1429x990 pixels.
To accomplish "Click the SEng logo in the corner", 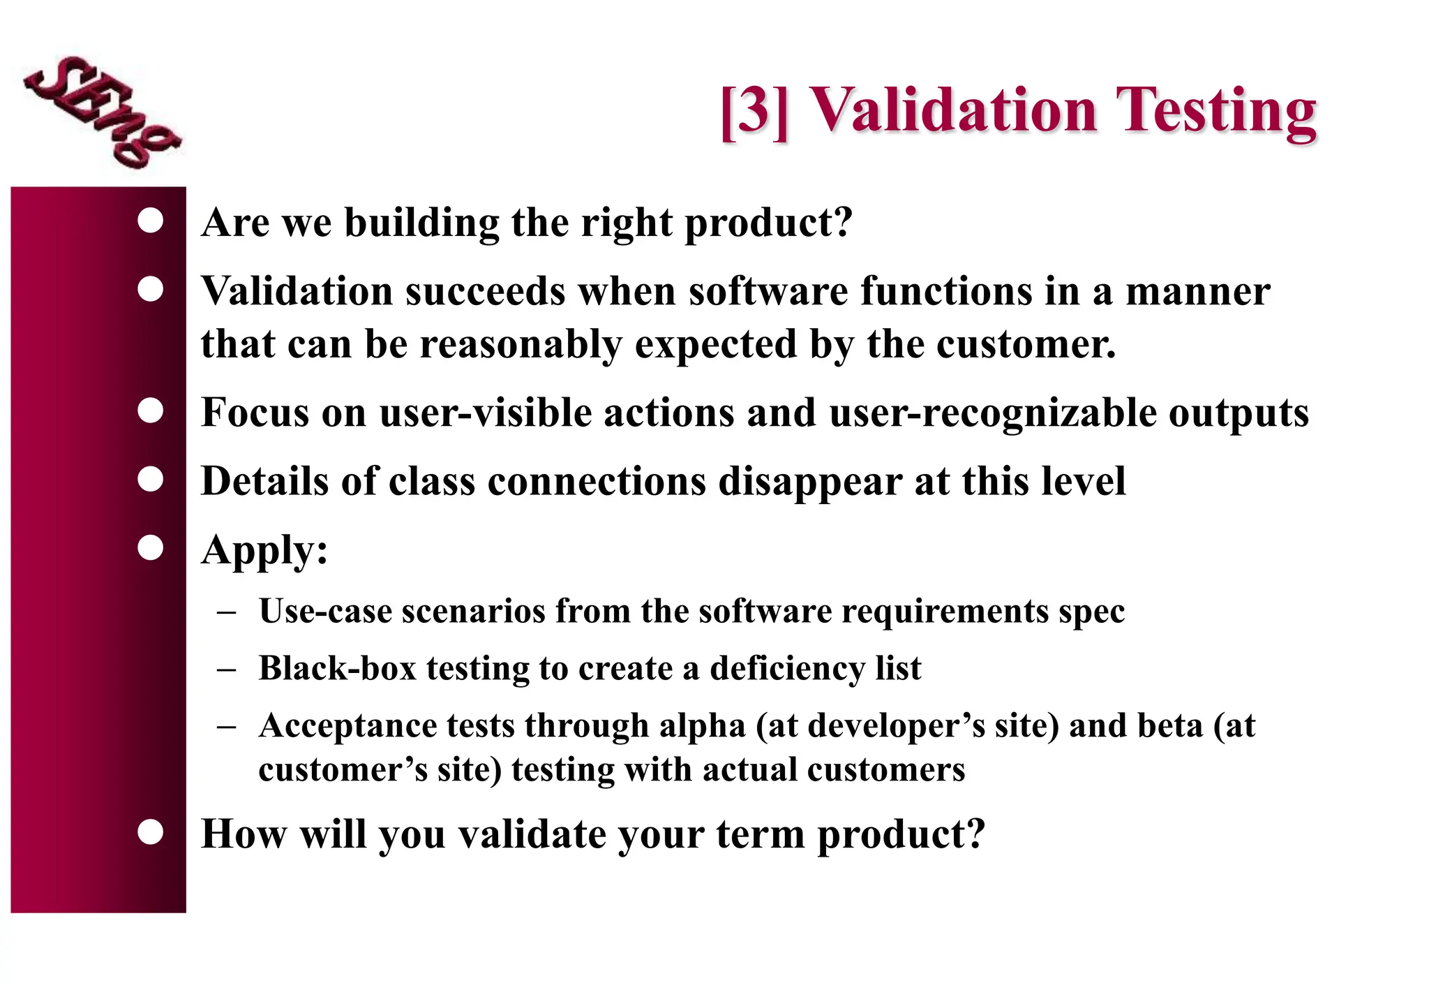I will pyautogui.click(x=102, y=112).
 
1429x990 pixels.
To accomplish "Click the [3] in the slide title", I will pyautogui.click(x=754, y=110).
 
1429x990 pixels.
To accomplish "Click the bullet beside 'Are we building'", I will pyautogui.click(x=151, y=221).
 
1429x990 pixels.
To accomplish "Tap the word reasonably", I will pyautogui.click(x=521, y=344).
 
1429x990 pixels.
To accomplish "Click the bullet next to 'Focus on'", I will pyautogui.click(x=151, y=411).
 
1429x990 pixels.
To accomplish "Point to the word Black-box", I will pyautogui.click(x=337, y=668).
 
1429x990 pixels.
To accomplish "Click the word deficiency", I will pyautogui.click(x=787, y=669).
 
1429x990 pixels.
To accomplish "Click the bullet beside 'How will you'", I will pyautogui.click(x=151, y=832).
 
